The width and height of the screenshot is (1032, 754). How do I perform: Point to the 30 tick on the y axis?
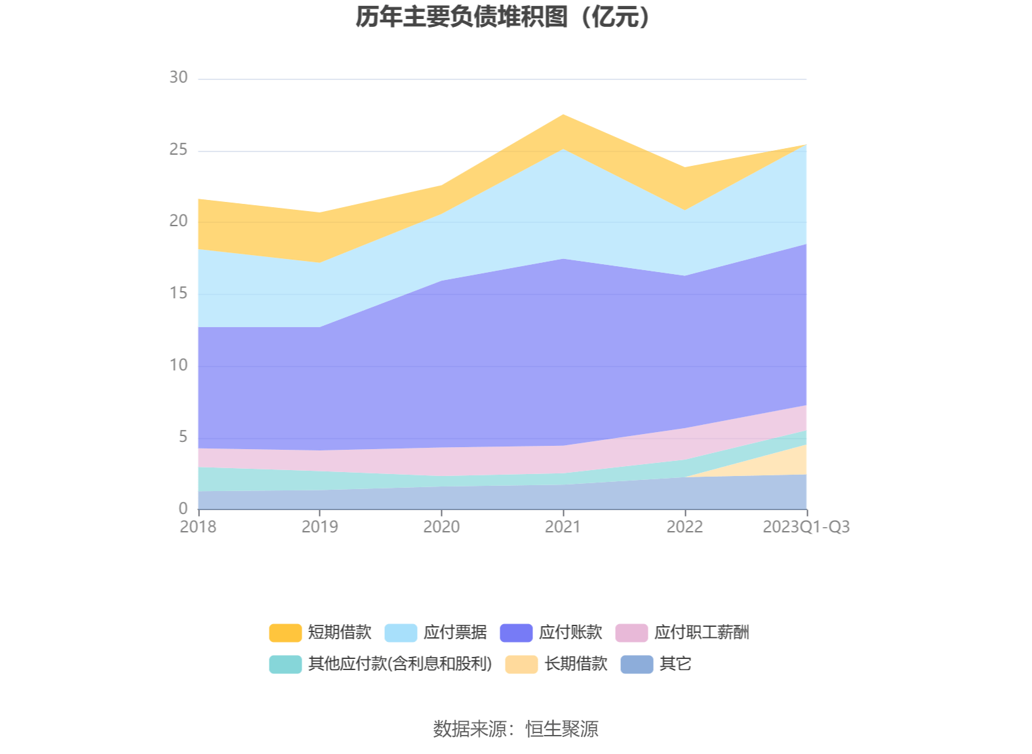pyautogui.click(x=178, y=77)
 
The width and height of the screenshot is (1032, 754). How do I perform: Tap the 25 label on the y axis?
pyautogui.click(x=178, y=149)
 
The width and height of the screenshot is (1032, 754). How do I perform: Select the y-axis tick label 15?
pyautogui.click(x=178, y=293)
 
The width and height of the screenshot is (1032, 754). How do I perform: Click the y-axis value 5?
pyautogui.click(x=183, y=437)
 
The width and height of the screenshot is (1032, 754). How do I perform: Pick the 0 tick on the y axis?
pyautogui.click(x=183, y=508)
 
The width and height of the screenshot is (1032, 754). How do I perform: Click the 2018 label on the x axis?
pyautogui.click(x=198, y=526)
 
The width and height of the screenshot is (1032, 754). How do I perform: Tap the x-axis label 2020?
pyautogui.click(x=441, y=526)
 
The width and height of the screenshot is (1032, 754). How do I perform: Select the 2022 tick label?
pyautogui.click(x=685, y=526)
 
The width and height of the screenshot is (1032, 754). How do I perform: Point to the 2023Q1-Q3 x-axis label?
pyautogui.click(x=806, y=526)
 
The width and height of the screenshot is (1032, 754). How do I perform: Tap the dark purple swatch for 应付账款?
pyautogui.click(x=516, y=633)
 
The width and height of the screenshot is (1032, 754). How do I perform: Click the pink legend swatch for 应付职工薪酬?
pyautogui.click(x=631, y=633)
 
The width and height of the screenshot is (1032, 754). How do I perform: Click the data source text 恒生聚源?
pyautogui.click(x=562, y=728)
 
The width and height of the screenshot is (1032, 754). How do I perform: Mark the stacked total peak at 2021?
pyautogui.click(x=563, y=115)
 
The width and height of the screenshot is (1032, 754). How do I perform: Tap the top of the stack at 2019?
pyautogui.click(x=320, y=212)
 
